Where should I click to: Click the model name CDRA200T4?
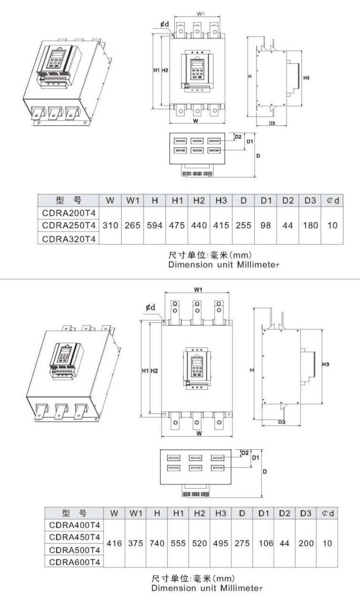click(x=69, y=213)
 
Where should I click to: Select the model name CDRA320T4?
click(x=69, y=238)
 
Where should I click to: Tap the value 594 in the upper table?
click(x=154, y=225)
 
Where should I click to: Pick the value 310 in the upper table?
click(x=110, y=225)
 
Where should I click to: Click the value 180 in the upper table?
click(x=310, y=225)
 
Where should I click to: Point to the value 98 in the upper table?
click(x=266, y=225)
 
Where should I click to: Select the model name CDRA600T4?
click(x=75, y=561)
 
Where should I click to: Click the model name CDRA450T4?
click(x=75, y=537)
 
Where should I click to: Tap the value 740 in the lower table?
click(x=157, y=543)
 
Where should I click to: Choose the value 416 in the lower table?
click(x=114, y=543)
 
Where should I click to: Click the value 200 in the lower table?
click(x=306, y=543)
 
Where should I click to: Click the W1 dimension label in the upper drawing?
click(x=200, y=14)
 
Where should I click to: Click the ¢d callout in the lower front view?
click(x=150, y=307)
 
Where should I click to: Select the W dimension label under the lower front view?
click(x=199, y=433)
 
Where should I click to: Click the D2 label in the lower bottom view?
click(x=245, y=453)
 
